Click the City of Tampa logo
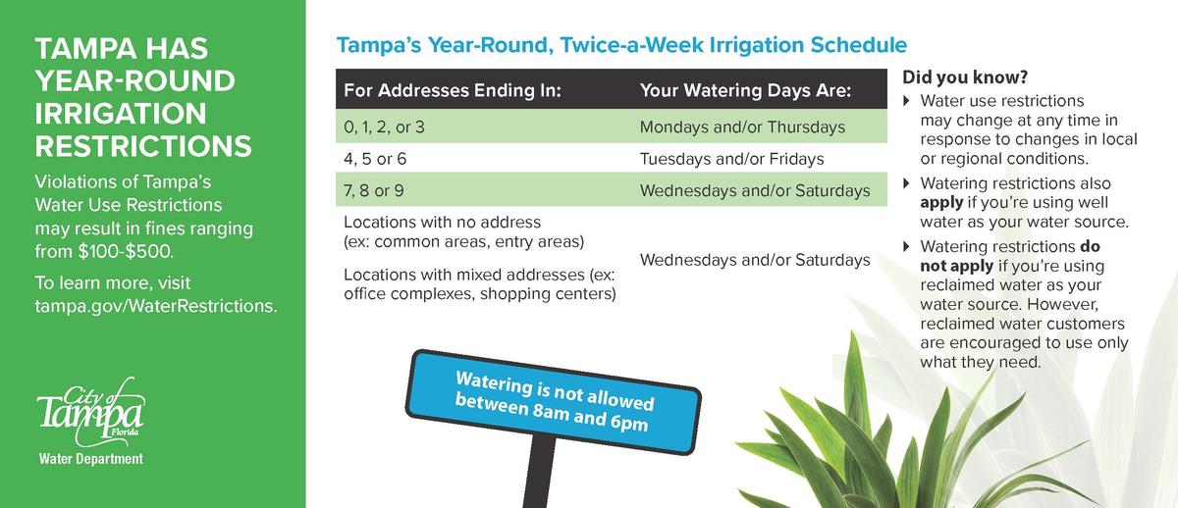tap(90, 413)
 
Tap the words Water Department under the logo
tap(90, 459)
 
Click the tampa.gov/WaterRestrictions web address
tap(156, 306)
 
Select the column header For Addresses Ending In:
tap(452, 91)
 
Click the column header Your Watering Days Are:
tap(745, 91)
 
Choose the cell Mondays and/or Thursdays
tap(742, 127)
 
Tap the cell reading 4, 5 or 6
tap(375, 158)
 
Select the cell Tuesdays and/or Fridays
tap(731, 158)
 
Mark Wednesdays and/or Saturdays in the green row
tap(754, 190)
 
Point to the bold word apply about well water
tap(941, 202)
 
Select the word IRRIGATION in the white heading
tap(120, 114)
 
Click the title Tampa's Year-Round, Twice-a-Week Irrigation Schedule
tap(621, 45)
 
